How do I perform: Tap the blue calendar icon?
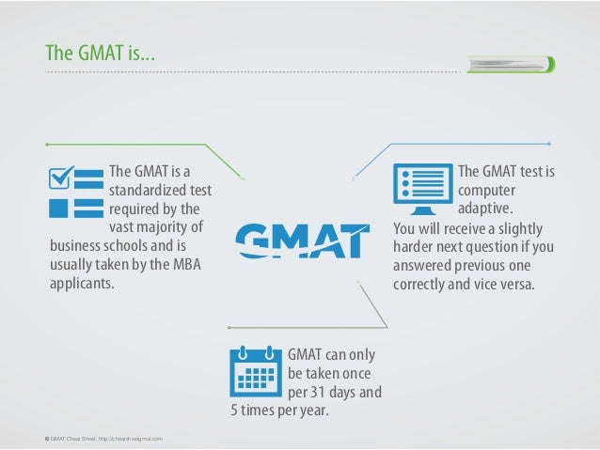coord(254,373)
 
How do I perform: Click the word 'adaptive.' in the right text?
coord(485,208)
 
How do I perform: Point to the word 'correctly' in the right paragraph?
coord(420,283)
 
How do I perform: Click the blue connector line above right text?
coord(470,144)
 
